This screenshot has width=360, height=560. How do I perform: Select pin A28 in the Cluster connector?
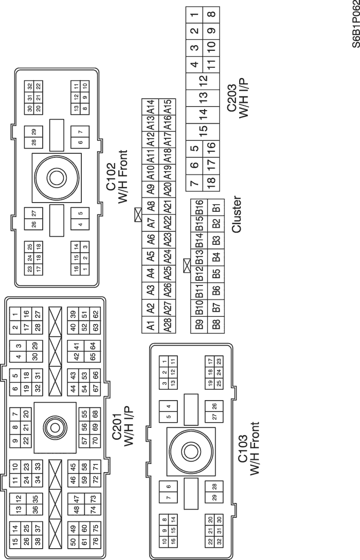(168, 325)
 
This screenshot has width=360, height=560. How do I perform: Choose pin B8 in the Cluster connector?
(217, 325)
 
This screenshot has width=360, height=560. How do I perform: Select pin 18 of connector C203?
(211, 182)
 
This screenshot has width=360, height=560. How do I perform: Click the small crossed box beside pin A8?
(137, 214)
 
